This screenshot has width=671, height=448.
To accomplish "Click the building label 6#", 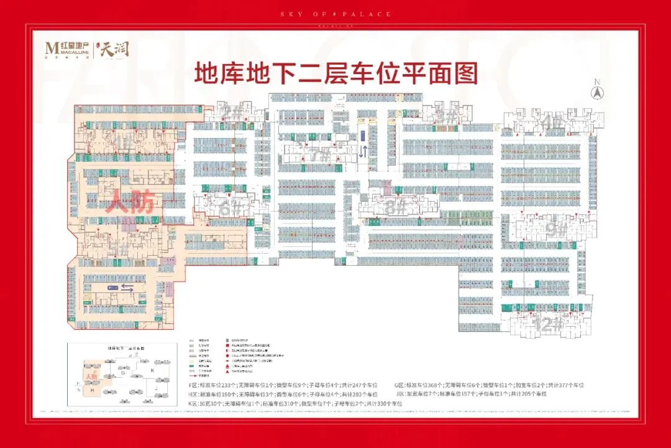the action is click(x=228, y=208).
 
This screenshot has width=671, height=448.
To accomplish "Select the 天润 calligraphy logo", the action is click(x=116, y=47).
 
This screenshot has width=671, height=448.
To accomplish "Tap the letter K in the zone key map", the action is click(x=152, y=370).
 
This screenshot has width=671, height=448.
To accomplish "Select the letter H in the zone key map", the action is click(x=93, y=390).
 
